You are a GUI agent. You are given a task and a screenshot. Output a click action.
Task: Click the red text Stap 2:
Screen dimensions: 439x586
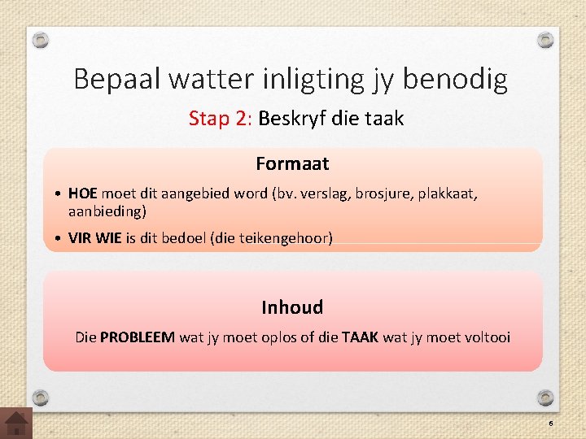pyautogui.click(x=220, y=119)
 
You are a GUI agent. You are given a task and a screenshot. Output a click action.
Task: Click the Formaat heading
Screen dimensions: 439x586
pyautogui.click(x=292, y=163)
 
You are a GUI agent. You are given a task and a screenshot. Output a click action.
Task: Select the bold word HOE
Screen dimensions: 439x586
pyautogui.click(x=83, y=194)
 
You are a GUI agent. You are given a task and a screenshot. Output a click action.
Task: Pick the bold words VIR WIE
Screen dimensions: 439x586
pyautogui.click(x=95, y=238)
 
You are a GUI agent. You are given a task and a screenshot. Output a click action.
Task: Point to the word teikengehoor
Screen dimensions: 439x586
pyautogui.click(x=284, y=238)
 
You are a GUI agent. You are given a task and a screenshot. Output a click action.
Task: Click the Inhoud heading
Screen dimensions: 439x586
pyautogui.click(x=292, y=307)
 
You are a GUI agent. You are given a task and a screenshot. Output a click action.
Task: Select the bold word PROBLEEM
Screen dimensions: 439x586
pyautogui.click(x=138, y=337)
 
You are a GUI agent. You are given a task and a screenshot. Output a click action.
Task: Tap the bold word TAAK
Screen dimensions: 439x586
pyautogui.click(x=360, y=337)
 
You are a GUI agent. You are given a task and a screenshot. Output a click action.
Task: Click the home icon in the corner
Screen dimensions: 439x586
pyautogui.click(x=16, y=423)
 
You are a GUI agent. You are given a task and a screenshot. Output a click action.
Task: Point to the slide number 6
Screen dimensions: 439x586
pyautogui.click(x=550, y=424)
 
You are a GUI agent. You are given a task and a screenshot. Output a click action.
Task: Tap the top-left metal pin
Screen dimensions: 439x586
pyautogui.click(x=42, y=40)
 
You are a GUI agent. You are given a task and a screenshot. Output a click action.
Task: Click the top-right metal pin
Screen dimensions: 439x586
pyautogui.click(x=546, y=40)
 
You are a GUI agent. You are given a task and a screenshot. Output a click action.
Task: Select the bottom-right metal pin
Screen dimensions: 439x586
pyautogui.click(x=546, y=398)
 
